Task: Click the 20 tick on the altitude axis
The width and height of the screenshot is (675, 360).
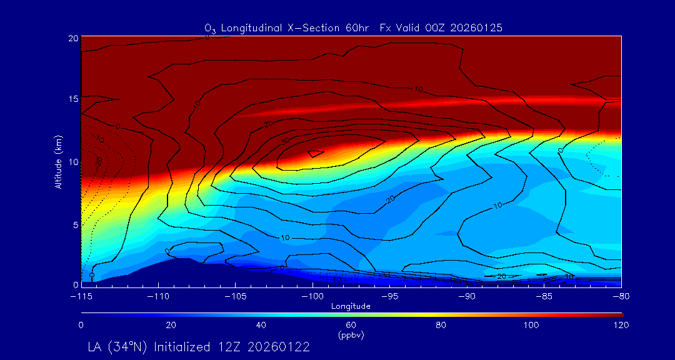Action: click(72, 38)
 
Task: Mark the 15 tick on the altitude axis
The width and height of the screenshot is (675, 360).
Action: click(72, 99)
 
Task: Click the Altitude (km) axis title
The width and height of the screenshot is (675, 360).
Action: click(59, 161)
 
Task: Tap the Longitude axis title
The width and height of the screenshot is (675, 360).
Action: click(351, 306)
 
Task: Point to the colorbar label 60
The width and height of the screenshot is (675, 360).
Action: click(351, 325)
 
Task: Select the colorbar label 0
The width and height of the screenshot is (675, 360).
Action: click(81, 325)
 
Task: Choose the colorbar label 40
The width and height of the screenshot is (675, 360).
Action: click(261, 325)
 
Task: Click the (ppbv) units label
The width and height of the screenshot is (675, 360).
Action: click(351, 335)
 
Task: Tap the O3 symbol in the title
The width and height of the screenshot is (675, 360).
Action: click(210, 28)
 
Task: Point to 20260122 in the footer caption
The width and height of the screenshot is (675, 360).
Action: click(281, 346)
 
